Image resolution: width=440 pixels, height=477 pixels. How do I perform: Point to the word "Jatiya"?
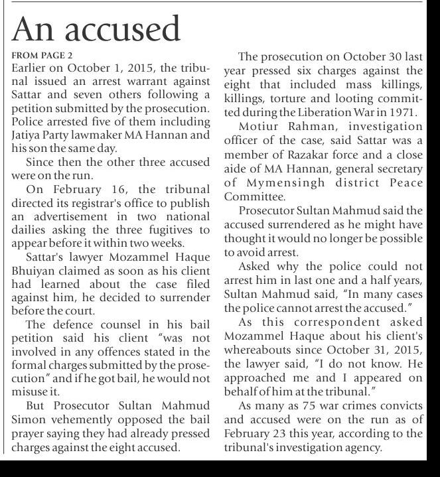[29, 135]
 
